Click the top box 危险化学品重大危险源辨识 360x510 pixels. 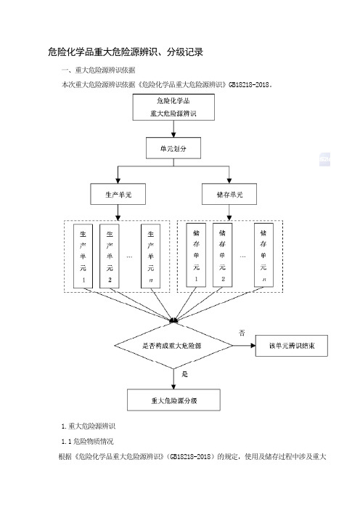173,107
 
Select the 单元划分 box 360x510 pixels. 173,148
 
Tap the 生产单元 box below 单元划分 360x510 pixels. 118,194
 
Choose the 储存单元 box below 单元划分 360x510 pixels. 229,194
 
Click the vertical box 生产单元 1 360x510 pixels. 83,256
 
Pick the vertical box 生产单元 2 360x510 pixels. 110,256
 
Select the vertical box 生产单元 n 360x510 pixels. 151,256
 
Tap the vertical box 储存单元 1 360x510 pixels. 196,255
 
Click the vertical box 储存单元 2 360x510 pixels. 223,255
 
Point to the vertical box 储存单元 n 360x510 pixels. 263,255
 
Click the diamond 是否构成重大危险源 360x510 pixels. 173,345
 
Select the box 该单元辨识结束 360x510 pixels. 292,346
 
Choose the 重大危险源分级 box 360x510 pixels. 173,400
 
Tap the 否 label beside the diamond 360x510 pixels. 242,333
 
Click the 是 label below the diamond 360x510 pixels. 184,374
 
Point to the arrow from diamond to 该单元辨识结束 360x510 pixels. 244,345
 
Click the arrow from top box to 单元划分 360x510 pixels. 173,129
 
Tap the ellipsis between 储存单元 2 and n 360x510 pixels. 242,256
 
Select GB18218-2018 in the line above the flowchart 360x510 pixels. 249,84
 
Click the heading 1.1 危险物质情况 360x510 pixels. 87,442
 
